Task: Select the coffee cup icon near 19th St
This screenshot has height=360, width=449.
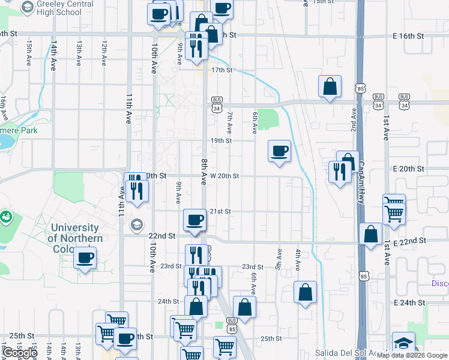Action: coord(279,151)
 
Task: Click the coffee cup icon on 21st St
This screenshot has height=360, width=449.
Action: coord(194,220)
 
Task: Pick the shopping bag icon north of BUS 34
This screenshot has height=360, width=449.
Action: coord(330,86)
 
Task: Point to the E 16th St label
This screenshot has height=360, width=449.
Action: coord(408,36)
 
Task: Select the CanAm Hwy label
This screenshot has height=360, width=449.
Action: coord(361,180)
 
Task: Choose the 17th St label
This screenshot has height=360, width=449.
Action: coord(221,70)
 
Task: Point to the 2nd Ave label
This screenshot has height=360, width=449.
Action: coord(354,120)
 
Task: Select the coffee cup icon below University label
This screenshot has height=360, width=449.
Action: coord(85,258)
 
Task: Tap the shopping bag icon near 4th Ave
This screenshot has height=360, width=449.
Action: coord(306,293)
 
